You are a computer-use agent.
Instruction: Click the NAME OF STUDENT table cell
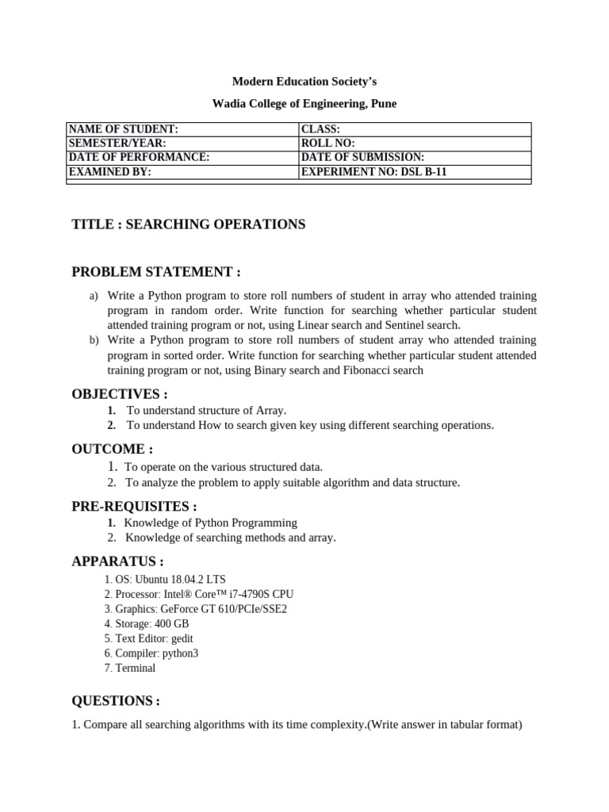point(182,129)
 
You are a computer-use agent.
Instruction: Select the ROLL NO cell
point(415,144)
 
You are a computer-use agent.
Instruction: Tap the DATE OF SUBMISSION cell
point(415,157)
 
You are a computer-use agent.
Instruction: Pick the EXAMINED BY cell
point(182,170)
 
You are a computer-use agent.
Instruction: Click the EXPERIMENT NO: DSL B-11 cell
point(415,170)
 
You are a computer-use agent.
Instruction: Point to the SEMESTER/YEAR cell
point(182,144)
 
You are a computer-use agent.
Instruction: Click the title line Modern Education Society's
point(299,82)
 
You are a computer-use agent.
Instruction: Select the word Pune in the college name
point(385,104)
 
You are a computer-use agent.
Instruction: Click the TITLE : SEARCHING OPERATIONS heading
point(188,224)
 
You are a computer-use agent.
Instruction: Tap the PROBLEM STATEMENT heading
point(156,272)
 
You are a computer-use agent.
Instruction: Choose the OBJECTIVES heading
point(120,394)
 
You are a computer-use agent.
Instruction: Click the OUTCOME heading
point(113,449)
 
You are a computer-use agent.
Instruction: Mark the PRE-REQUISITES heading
point(134,506)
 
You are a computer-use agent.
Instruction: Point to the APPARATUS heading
point(117,561)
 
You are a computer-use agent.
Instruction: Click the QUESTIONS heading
point(116,701)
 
